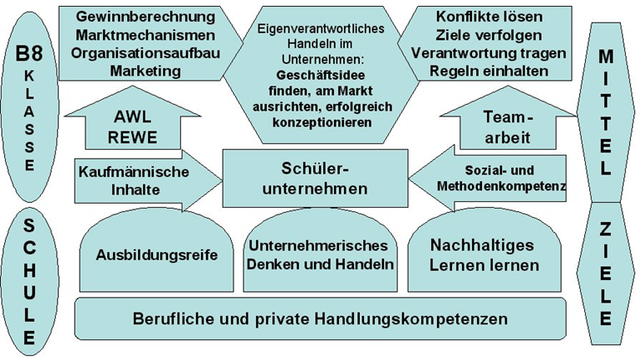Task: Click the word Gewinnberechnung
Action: click(145, 17)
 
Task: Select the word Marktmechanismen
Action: click(145, 35)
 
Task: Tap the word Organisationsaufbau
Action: click(145, 53)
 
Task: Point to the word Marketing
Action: click(145, 71)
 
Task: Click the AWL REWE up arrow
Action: click(132, 118)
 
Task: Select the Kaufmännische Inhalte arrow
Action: click(148, 180)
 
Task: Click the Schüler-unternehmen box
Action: click(315, 178)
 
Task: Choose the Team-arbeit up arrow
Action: click(508, 118)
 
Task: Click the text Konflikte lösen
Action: click(489, 17)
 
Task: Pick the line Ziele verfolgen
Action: click(489, 35)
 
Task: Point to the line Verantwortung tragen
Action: click(489, 53)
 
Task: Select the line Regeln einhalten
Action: click(489, 71)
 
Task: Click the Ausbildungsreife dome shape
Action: click(156, 252)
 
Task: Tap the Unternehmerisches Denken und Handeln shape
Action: click(320, 251)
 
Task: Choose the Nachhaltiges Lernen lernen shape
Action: click(484, 252)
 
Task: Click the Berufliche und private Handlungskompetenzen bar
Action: click(320, 318)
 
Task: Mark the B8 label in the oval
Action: click(29, 54)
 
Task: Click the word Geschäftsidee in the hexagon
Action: click(320, 75)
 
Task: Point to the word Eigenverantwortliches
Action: click(321, 28)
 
